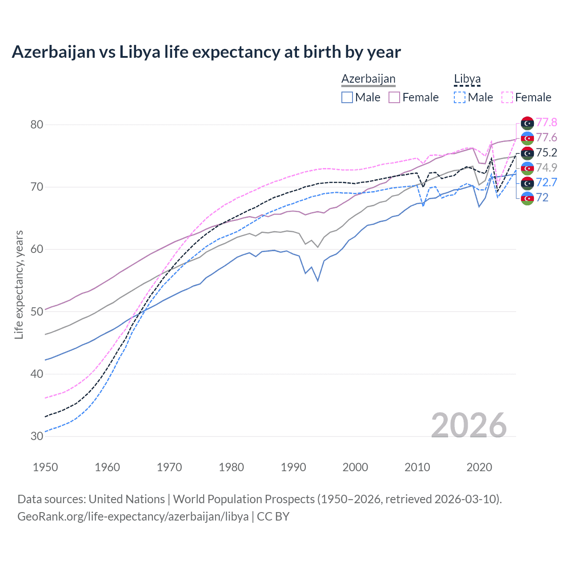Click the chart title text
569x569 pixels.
(206, 52)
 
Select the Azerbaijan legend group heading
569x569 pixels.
(368, 79)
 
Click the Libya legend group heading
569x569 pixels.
(467, 79)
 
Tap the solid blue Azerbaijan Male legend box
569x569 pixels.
(347, 97)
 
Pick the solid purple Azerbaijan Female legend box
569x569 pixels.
(394, 97)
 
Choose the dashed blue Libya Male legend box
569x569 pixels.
(460, 97)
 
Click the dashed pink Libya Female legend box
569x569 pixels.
(507, 97)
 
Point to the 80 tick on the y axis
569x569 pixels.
(37, 124)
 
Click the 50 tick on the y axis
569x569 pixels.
(37, 312)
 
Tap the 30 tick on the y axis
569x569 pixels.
(37, 436)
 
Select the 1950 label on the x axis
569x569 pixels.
(45, 467)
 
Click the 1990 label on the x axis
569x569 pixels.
(293, 467)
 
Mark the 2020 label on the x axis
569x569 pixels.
(479, 467)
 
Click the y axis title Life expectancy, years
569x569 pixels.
(19, 284)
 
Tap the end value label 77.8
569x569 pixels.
(546, 123)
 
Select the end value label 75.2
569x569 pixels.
(546, 153)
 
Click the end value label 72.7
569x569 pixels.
(546, 182)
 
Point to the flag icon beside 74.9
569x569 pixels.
(527, 168)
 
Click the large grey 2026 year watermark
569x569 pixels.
(469, 425)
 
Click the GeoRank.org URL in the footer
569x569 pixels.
(133, 517)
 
